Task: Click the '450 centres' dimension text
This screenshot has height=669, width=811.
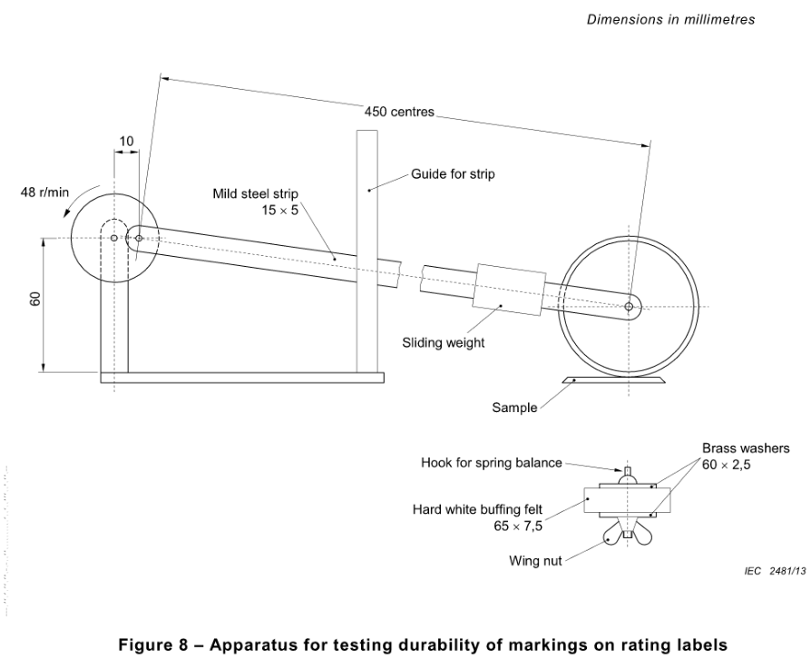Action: click(399, 112)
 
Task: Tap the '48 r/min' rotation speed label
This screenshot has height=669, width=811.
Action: click(44, 192)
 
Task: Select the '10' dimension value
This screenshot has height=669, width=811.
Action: click(126, 142)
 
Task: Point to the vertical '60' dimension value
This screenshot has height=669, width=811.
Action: click(34, 299)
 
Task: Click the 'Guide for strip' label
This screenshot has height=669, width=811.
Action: click(453, 174)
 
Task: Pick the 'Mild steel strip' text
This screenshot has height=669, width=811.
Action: click(256, 194)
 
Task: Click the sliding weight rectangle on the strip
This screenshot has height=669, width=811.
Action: click(510, 290)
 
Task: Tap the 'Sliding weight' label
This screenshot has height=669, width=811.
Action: click(444, 342)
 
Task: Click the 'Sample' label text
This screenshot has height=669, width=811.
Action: click(514, 408)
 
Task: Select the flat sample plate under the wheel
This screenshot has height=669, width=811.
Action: click(613, 380)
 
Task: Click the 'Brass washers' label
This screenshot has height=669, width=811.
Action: click(746, 448)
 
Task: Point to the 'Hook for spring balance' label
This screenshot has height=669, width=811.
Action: click(492, 463)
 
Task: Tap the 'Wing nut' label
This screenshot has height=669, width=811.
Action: click(535, 561)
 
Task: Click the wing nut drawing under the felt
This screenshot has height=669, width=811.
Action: click(627, 533)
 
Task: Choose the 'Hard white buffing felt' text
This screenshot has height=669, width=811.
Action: click(477, 509)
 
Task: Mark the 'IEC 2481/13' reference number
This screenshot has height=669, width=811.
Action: click(775, 571)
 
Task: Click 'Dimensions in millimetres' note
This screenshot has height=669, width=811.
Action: click(670, 20)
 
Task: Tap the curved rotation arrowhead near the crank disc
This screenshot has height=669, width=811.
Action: click(67, 213)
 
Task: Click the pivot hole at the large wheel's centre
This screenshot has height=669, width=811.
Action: click(629, 307)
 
